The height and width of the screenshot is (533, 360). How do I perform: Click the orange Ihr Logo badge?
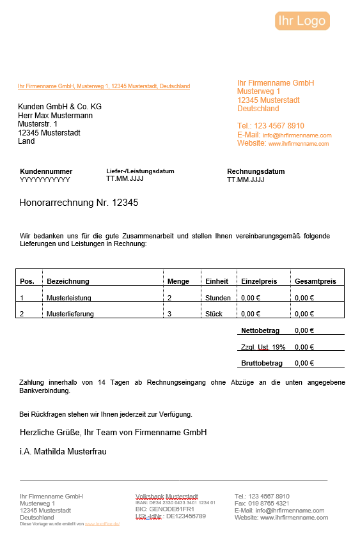pyautogui.click(x=302, y=21)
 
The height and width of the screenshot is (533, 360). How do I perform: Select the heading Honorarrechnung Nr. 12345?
pyautogui.click(x=79, y=203)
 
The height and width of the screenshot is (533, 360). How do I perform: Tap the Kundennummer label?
pyautogui.click(x=46, y=171)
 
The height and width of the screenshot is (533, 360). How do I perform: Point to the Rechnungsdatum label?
pyautogui.click(x=256, y=171)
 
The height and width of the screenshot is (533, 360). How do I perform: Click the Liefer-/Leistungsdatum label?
pyautogui.click(x=140, y=171)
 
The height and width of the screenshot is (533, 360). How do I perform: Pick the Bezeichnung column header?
pyautogui.click(x=68, y=281)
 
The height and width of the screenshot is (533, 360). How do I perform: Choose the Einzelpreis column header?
pyautogui.click(x=258, y=281)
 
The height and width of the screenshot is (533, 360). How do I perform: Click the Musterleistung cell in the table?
pyautogui.click(x=69, y=298)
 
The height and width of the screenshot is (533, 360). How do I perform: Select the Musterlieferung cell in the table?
pyautogui.click(x=70, y=314)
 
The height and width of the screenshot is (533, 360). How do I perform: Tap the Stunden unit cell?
pyautogui.click(x=218, y=298)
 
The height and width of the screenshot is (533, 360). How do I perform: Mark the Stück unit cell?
pyautogui.click(x=214, y=314)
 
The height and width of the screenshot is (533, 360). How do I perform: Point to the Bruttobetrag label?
pyautogui.click(x=262, y=363)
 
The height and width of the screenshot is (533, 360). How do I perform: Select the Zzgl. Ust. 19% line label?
pyautogui.click(x=263, y=347)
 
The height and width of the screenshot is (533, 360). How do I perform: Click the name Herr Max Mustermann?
pyautogui.click(x=55, y=116)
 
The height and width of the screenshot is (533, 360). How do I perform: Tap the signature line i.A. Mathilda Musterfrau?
pyautogui.click(x=63, y=451)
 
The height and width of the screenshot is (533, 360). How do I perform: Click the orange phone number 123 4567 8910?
pyautogui.click(x=279, y=126)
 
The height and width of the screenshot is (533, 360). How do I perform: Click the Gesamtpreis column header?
pyautogui.click(x=315, y=281)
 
